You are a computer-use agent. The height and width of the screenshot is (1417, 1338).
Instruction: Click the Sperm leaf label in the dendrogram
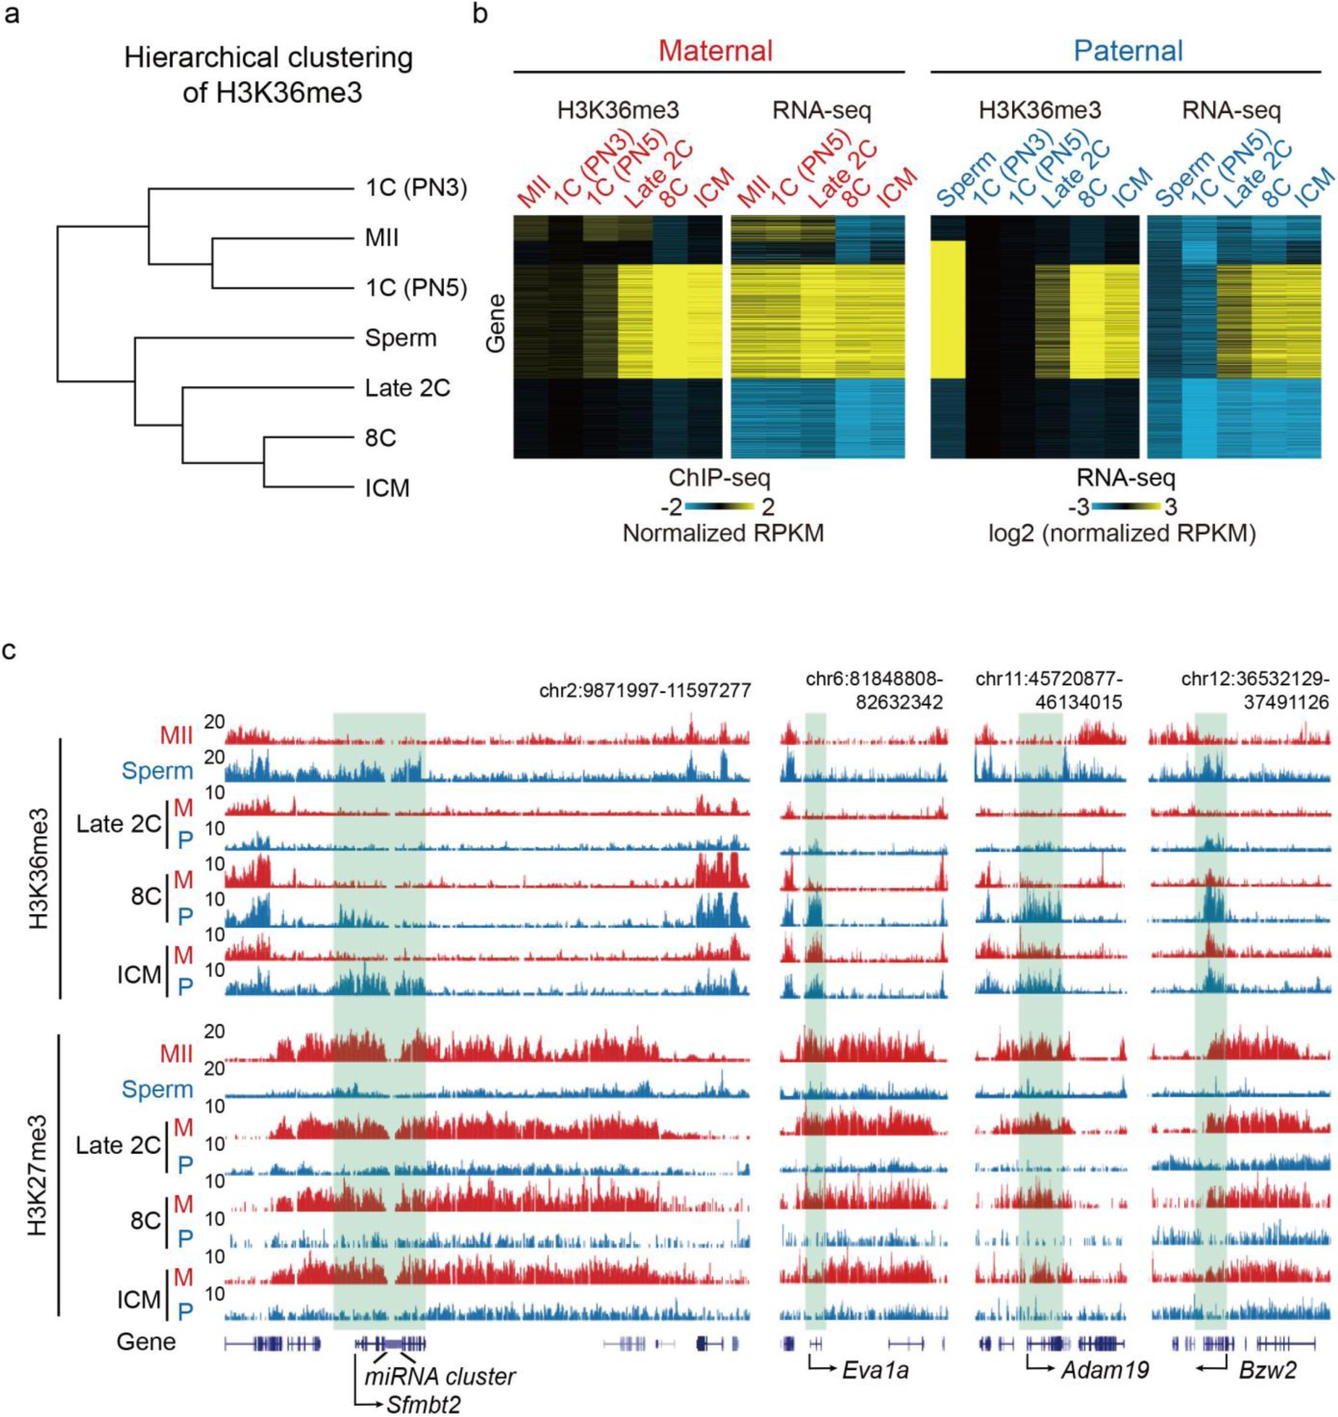coord(400,338)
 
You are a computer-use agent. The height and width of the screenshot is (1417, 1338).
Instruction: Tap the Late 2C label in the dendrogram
coord(407,388)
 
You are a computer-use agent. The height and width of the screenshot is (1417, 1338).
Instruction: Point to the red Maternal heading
coord(715,51)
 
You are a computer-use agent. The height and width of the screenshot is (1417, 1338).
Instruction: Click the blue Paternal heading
coord(1129,51)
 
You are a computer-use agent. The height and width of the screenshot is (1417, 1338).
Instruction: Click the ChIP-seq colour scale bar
coord(724,508)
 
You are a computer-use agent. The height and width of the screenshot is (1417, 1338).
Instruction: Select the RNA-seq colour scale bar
coord(1125,508)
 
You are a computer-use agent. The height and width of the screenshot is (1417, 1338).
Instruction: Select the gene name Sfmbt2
coord(423,1404)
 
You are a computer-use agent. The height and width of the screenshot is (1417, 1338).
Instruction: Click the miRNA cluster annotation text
coord(439,1377)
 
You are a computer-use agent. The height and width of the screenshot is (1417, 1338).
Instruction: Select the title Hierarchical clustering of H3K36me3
coord(268,76)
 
